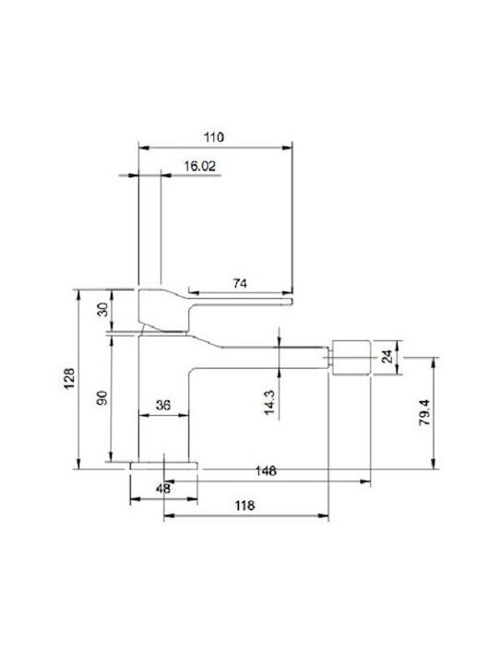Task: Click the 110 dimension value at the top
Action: [214, 137]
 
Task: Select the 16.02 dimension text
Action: [199, 166]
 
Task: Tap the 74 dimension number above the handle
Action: [240, 283]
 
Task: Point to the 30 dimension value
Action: [103, 310]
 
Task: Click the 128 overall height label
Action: [69, 379]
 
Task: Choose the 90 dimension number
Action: [102, 397]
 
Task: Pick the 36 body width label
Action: [163, 405]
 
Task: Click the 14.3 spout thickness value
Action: [269, 402]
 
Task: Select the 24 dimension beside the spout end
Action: [387, 356]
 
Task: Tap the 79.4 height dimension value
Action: [425, 412]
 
